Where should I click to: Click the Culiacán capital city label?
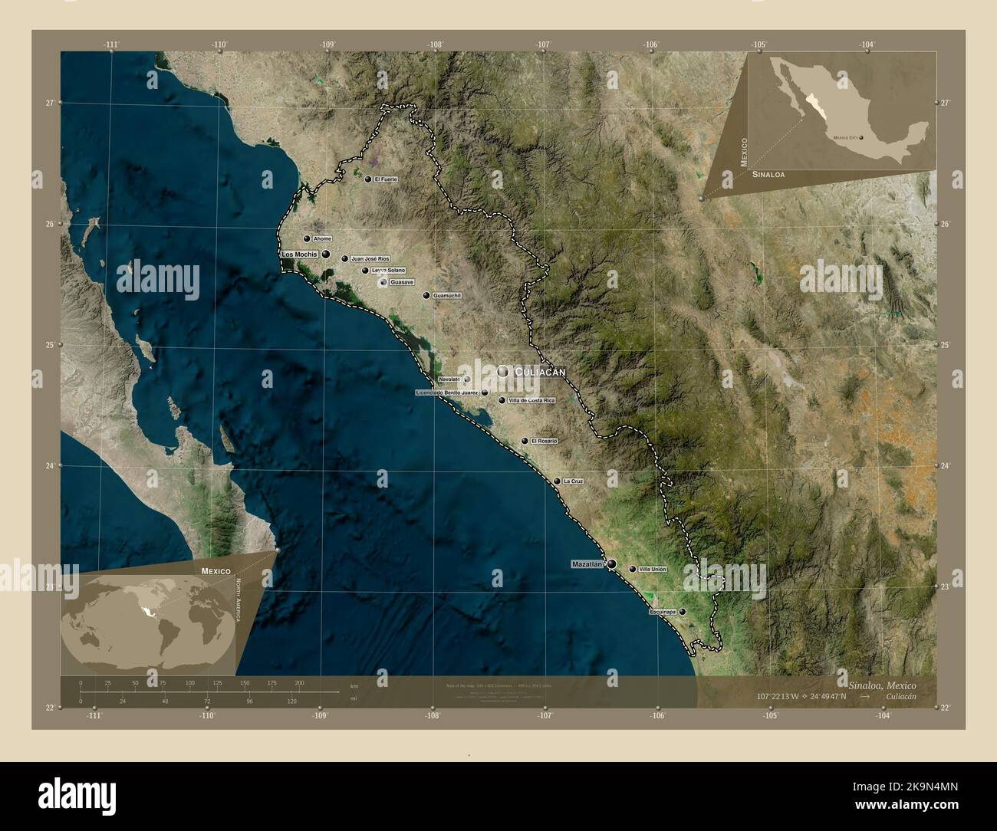[x=540, y=372]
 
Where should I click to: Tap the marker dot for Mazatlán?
[x=611, y=564]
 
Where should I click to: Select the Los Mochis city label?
[x=300, y=254]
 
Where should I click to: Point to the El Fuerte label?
[x=386, y=179]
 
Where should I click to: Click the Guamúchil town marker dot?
[x=426, y=295]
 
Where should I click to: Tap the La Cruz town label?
[x=573, y=481]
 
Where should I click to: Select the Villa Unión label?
[x=653, y=570]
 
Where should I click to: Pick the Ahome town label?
[x=322, y=239]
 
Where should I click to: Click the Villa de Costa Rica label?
[x=531, y=400]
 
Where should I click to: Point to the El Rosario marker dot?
[x=525, y=442]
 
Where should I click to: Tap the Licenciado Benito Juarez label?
[x=447, y=393]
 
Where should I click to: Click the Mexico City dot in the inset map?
[x=862, y=138]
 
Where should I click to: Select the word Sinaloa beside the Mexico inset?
[x=768, y=176]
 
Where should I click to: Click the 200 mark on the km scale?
[x=299, y=682]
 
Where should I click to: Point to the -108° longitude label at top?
[x=436, y=44]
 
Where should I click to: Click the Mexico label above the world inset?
[x=216, y=572]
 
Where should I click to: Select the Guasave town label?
[x=402, y=283]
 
